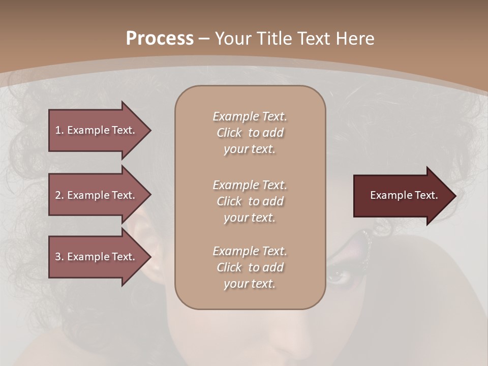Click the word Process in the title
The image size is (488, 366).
pos(160,39)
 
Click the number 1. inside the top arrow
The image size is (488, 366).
pos(59,130)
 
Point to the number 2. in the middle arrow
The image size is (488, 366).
pos(59,195)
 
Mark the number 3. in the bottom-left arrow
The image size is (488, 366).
pos(59,257)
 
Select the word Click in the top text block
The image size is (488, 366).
pos(229,133)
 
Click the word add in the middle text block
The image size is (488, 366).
pos(274,201)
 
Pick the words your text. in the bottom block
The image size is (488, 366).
pos(249,284)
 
